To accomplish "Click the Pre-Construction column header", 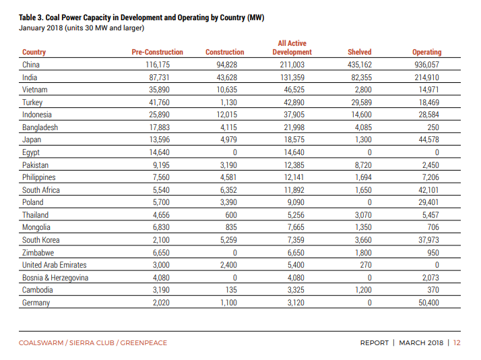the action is [x=158, y=52].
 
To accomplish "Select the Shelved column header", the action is [x=360, y=52].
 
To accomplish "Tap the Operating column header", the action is [x=426, y=52].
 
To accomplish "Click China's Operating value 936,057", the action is [x=426, y=65].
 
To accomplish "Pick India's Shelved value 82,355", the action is [x=361, y=78].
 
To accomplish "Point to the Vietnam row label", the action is [x=34, y=90].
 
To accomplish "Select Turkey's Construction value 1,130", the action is [x=228, y=102].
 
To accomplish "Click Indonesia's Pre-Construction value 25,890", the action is [x=159, y=115].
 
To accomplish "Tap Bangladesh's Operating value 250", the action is [x=433, y=127].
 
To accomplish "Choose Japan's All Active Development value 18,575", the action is [x=294, y=140].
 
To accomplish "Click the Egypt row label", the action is [x=31, y=152].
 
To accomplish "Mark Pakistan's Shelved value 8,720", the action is [x=363, y=165].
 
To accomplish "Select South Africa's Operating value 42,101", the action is [x=428, y=190].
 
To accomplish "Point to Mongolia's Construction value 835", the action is [x=231, y=227].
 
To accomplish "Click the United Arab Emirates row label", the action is [x=55, y=265].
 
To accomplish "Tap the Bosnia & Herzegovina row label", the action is [x=55, y=278].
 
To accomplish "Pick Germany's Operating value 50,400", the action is [x=428, y=303].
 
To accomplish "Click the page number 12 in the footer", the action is [x=457, y=343].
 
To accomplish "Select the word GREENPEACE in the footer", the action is [x=143, y=343].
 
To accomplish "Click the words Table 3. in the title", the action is [x=31, y=18].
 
